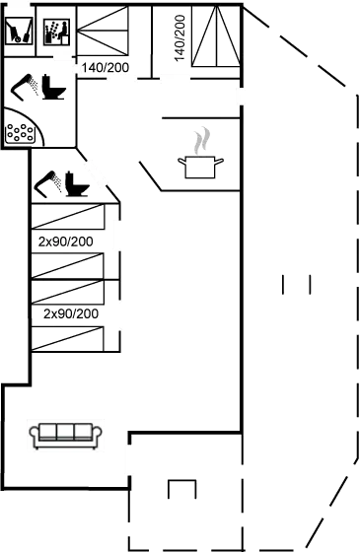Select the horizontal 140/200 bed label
point(108,68)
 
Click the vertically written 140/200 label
point(180,39)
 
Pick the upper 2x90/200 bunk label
point(67,241)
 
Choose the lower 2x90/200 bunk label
point(71,313)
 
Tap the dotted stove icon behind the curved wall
point(19,132)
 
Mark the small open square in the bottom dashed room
point(181,491)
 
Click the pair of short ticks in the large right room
point(296,286)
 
